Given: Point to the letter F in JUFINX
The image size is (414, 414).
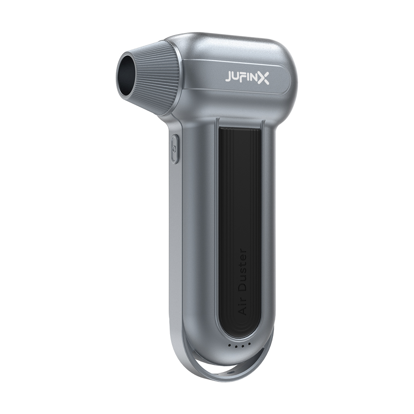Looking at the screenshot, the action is click(244, 78).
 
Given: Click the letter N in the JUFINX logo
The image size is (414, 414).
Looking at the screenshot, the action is click(253, 78).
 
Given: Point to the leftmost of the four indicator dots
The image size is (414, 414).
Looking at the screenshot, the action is click(229, 345).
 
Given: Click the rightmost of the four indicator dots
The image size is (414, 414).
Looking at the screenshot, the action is click(249, 344).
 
